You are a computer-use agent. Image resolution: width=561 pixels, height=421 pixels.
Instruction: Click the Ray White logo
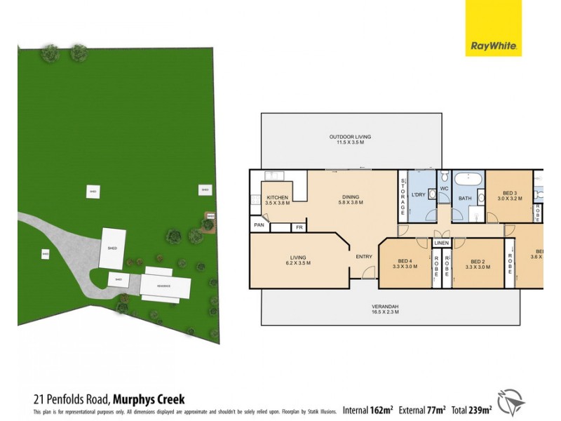coord(494,28)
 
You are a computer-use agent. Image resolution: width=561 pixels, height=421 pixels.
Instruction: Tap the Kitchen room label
coord(278,198)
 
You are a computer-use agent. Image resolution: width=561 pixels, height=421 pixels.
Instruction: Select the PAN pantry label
coord(259,225)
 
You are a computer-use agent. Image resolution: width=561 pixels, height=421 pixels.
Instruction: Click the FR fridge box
coord(299,227)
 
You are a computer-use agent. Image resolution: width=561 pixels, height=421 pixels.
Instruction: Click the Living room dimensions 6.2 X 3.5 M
coord(298,262)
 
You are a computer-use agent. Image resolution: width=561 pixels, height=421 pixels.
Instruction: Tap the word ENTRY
coord(364,257)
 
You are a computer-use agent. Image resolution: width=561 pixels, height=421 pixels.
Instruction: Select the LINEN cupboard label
coord(441,243)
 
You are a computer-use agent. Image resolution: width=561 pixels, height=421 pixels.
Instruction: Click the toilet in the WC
coord(444,176)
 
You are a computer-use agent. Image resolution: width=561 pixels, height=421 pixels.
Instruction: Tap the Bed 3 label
coord(510,193)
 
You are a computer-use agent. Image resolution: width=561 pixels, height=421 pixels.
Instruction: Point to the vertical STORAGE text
coord(403,198)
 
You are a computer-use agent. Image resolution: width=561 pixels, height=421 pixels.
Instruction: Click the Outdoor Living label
coord(351,137)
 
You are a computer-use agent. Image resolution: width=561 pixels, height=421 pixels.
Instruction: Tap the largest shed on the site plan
coord(112,248)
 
